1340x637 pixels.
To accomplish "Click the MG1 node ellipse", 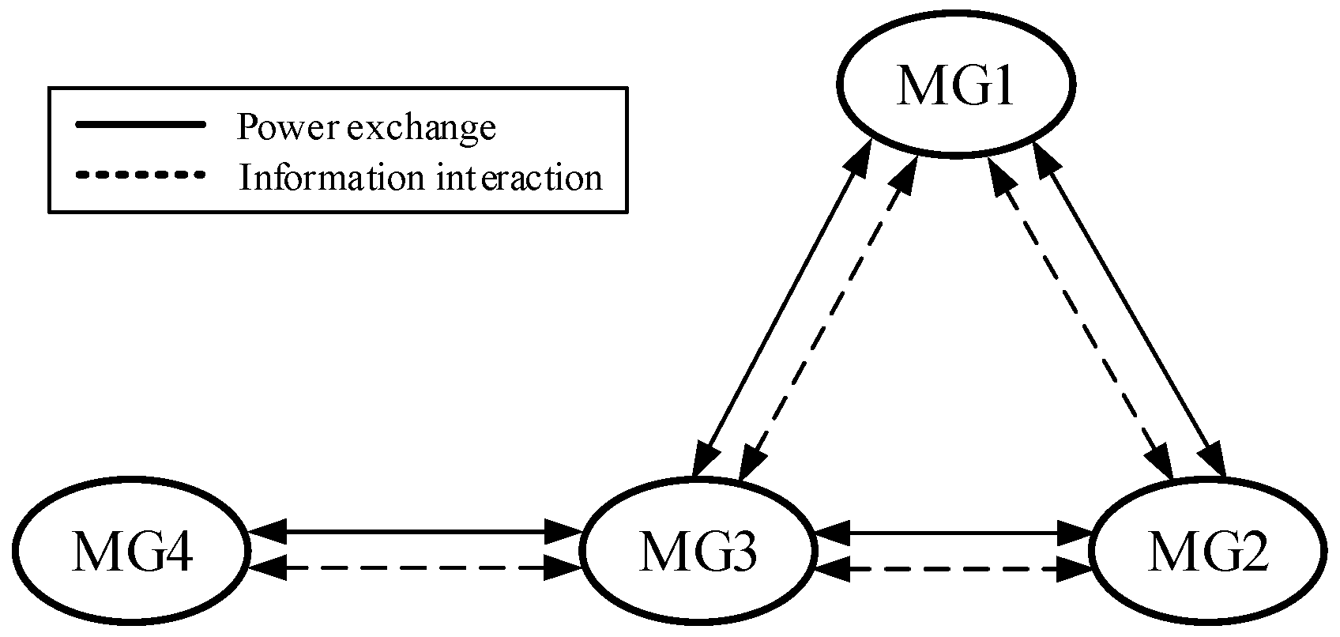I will [x=955, y=85].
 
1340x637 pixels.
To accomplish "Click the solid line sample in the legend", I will [x=140, y=125].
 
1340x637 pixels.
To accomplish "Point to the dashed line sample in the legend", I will [x=140, y=174].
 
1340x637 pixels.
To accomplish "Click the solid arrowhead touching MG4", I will [x=264, y=533].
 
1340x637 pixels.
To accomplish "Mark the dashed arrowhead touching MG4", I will [x=264, y=567].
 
